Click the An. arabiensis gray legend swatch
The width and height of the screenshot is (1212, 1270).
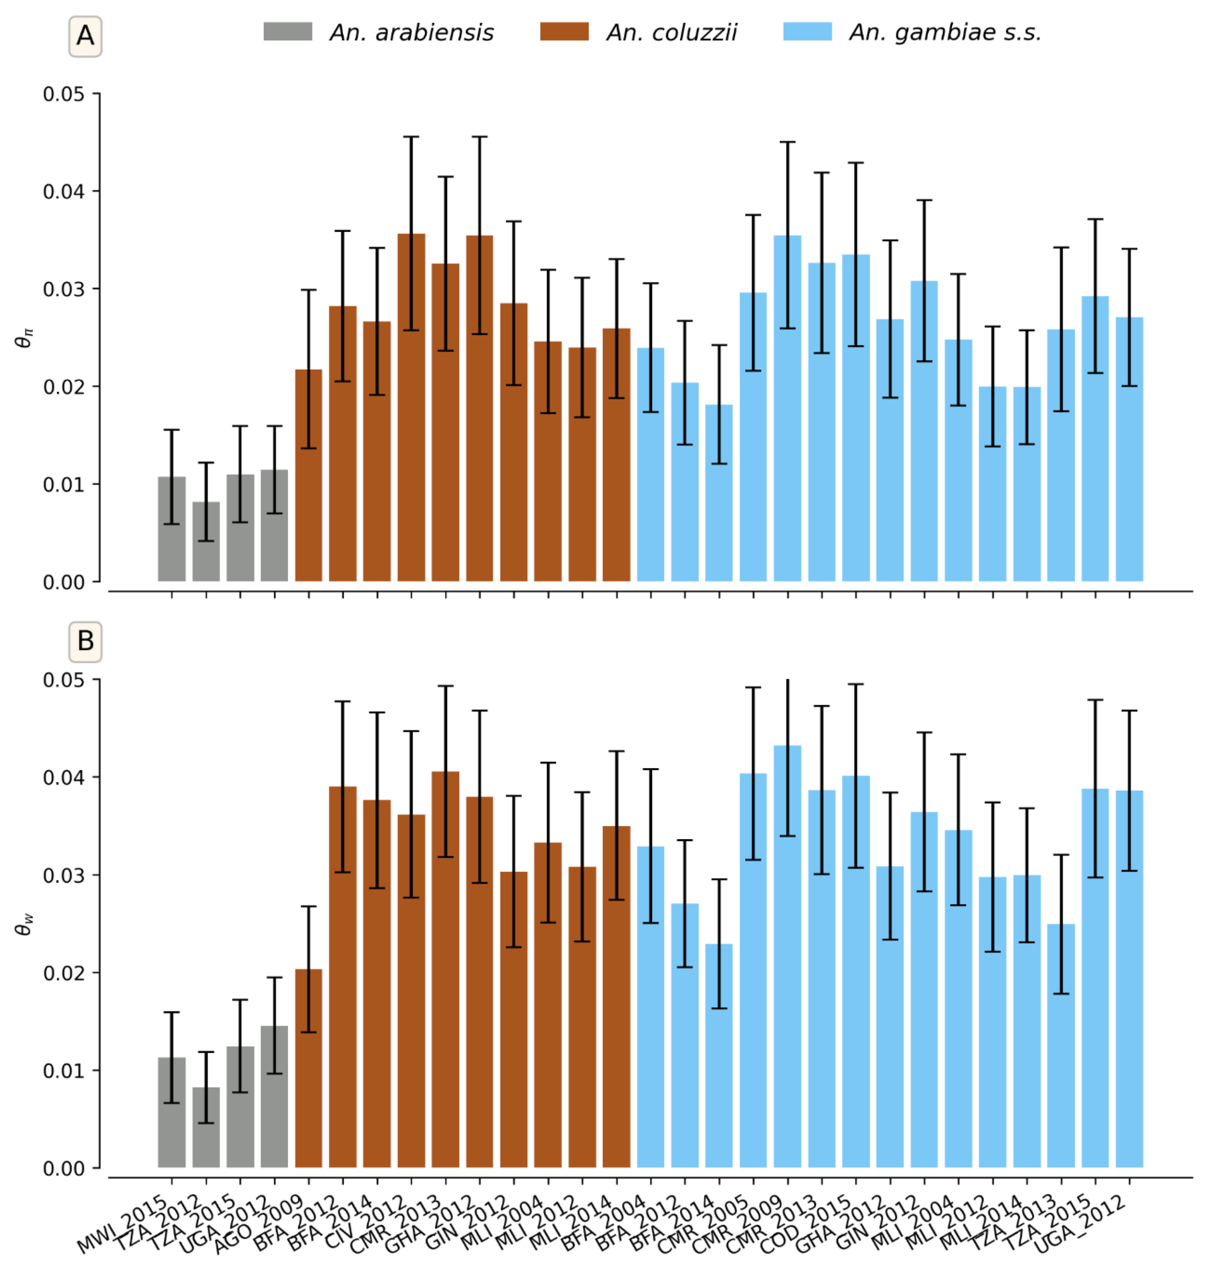(x=288, y=32)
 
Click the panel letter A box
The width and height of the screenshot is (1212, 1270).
(x=85, y=36)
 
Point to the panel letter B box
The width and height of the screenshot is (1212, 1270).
(x=85, y=641)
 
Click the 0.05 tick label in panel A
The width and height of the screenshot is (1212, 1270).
(x=63, y=94)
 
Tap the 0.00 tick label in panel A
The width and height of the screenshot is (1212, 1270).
(x=63, y=582)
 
